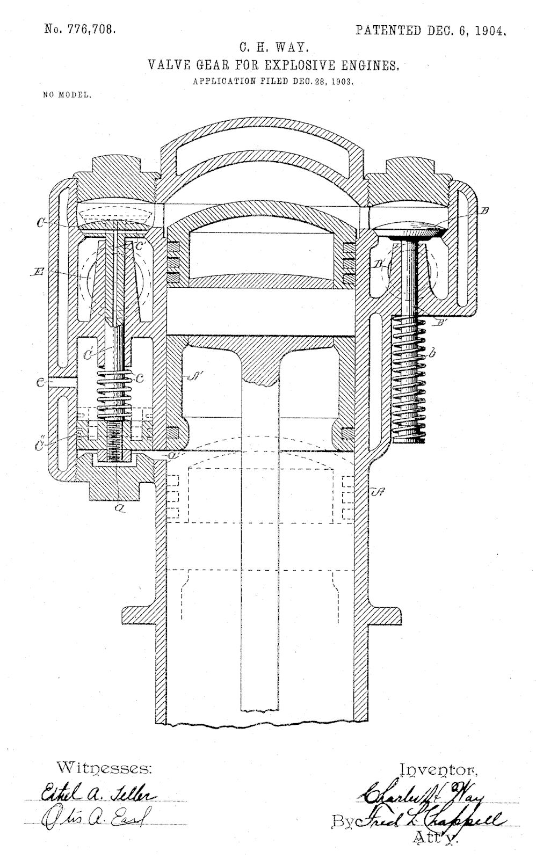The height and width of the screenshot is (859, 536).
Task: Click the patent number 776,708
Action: coord(95,30)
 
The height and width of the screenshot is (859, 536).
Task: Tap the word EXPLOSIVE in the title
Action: coord(291,65)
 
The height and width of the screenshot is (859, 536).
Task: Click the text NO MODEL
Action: coord(67,95)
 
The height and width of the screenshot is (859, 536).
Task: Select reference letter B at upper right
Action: coord(484,212)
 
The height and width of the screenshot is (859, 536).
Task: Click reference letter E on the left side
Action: coord(37,273)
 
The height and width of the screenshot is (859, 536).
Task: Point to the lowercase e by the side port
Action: coord(40,382)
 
